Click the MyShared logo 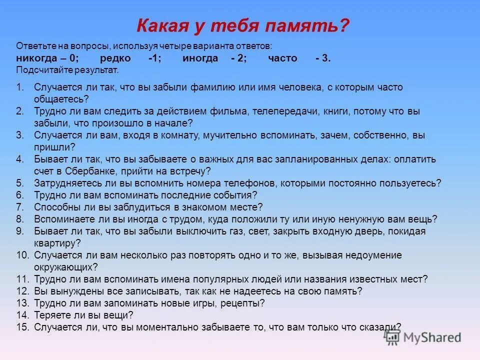(x=422, y=337)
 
